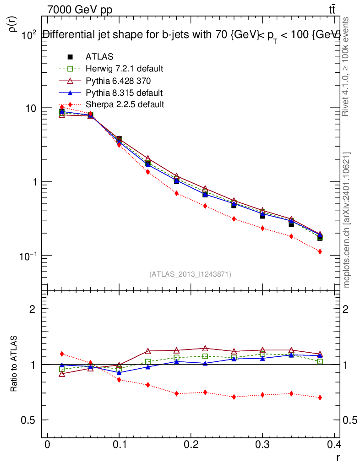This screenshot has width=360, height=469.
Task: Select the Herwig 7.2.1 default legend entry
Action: [124, 69]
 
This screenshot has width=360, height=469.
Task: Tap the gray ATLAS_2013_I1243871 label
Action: [190, 274]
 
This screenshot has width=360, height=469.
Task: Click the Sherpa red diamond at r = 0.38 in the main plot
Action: [320, 251]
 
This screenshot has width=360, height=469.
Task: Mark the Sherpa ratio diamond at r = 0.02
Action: [62, 354]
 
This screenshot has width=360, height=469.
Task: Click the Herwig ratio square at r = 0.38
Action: [320, 362]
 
